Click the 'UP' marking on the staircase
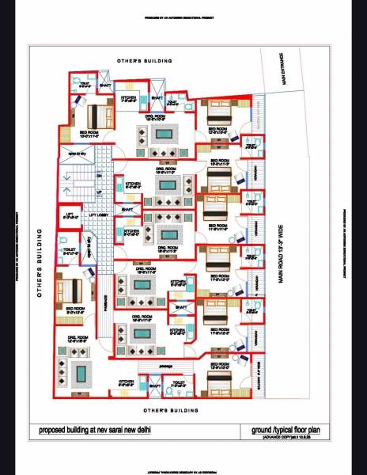99,192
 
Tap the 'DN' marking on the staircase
99,174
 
